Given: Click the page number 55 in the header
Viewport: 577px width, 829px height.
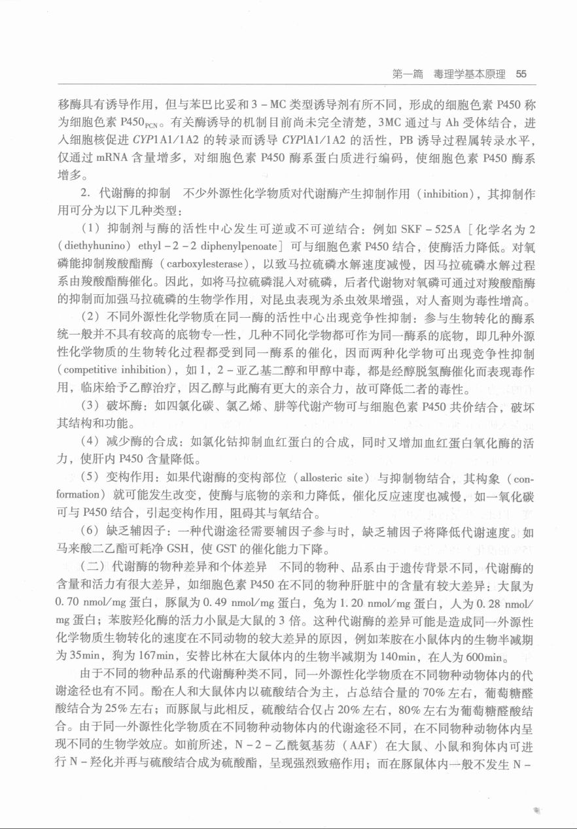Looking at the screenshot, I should (521, 75).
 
